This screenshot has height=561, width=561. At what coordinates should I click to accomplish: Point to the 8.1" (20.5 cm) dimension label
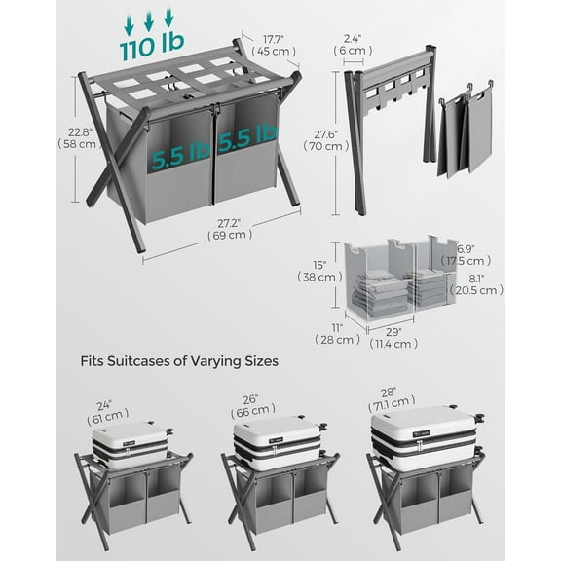point(476,283)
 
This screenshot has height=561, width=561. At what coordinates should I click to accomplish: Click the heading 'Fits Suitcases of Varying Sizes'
point(178,360)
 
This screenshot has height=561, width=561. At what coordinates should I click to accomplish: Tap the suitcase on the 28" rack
point(427,436)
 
